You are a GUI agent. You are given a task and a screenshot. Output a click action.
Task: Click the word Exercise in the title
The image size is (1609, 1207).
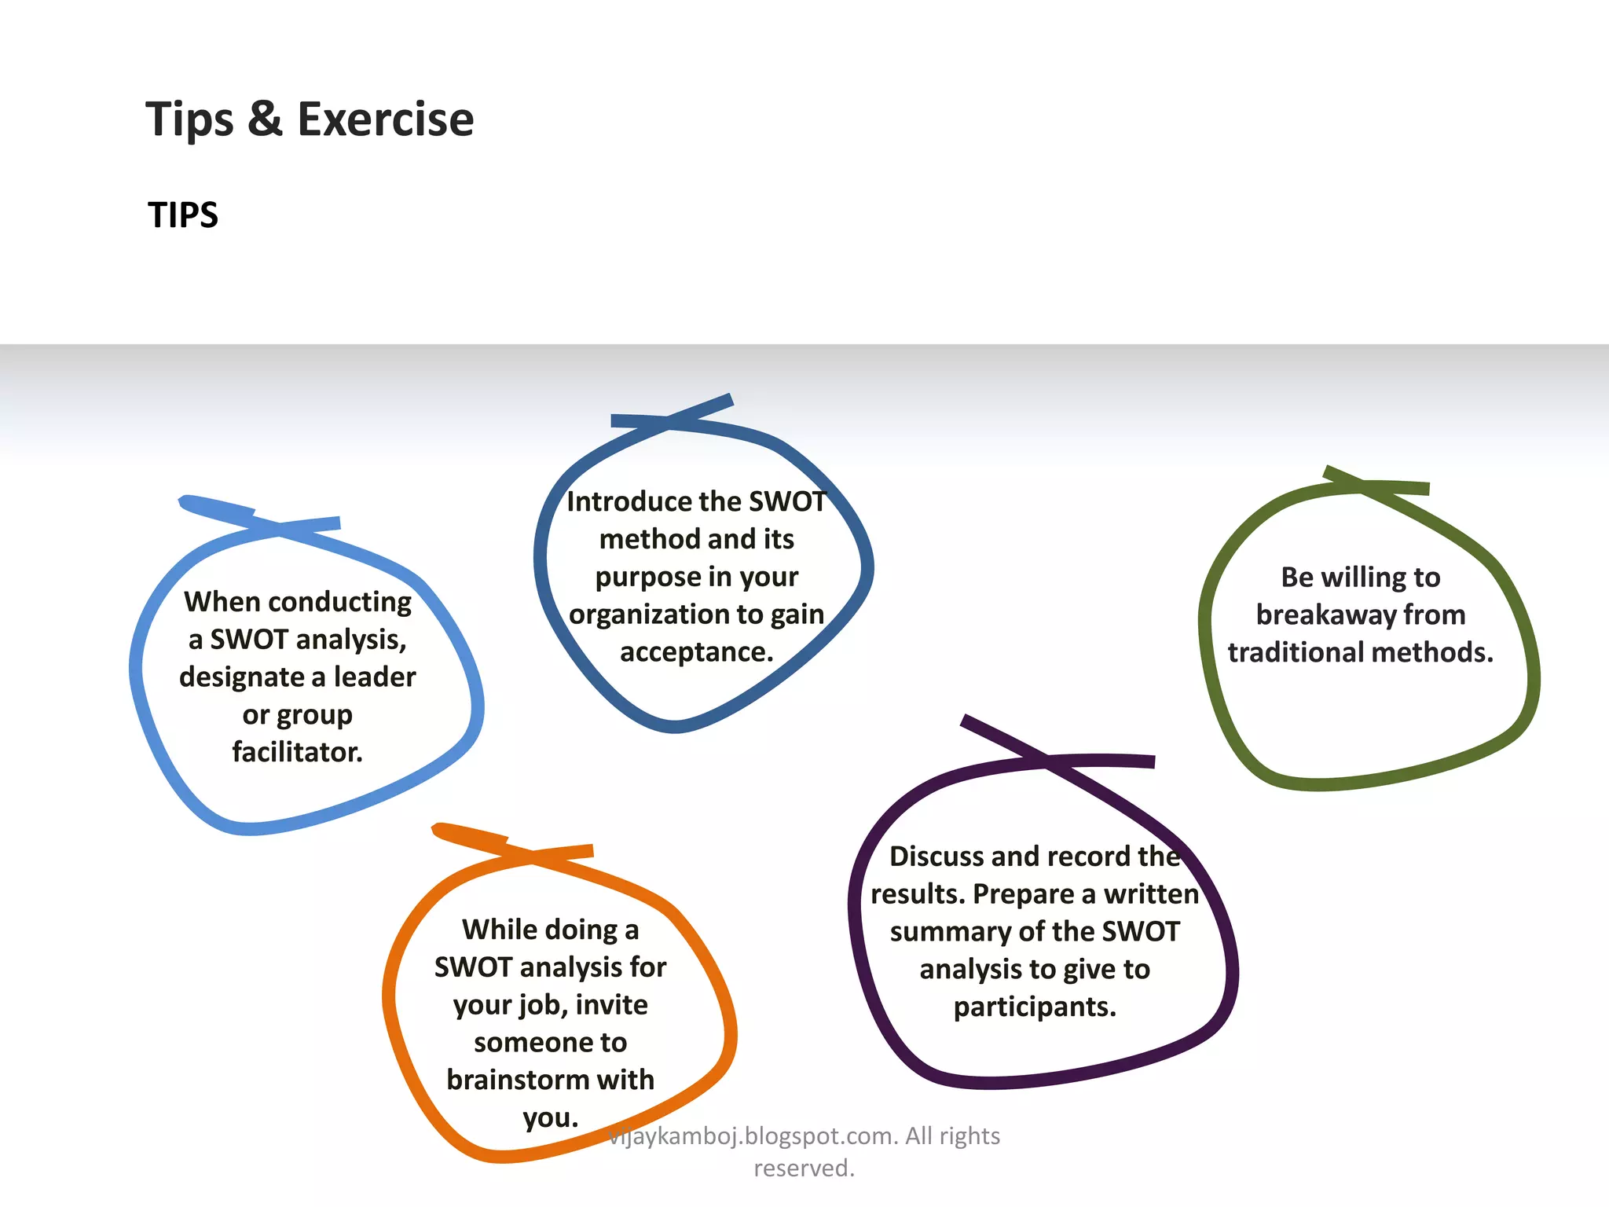(x=385, y=119)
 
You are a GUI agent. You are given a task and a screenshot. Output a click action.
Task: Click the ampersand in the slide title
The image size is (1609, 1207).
(x=265, y=119)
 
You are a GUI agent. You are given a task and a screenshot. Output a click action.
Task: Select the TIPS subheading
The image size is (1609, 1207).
(x=183, y=215)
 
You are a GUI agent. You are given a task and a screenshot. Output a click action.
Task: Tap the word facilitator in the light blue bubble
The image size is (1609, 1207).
(x=296, y=752)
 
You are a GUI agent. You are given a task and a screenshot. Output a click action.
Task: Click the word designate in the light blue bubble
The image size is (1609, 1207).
(x=242, y=677)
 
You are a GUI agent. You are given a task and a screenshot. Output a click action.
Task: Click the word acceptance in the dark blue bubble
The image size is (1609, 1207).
(x=695, y=652)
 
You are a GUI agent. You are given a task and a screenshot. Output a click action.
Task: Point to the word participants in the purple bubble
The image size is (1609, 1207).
(x=1034, y=1007)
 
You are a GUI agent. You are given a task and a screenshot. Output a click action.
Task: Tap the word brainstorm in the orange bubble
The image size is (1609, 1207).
(x=518, y=1080)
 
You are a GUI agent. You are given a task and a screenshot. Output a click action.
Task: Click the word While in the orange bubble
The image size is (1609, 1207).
(x=499, y=930)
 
